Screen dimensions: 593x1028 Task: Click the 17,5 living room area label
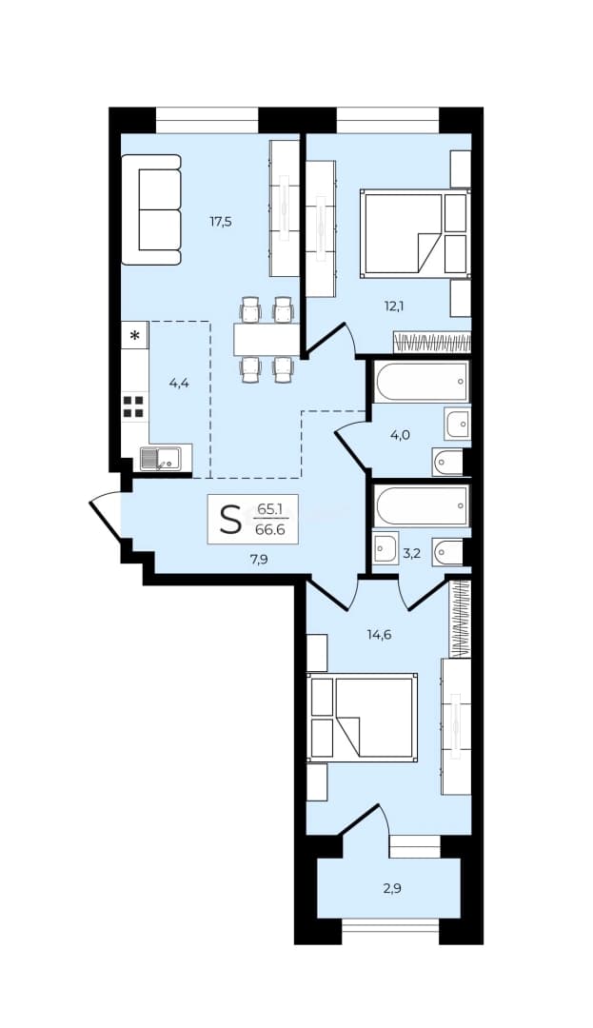pyautogui.click(x=221, y=222)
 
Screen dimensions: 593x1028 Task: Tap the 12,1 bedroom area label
pyautogui.click(x=393, y=305)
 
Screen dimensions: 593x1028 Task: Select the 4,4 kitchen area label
pyautogui.click(x=179, y=384)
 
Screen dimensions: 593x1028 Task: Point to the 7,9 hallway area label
pyautogui.click(x=260, y=560)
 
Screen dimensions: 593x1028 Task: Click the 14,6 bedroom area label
pyautogui.click(x=380, y=634)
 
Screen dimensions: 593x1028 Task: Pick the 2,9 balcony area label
pyautogui.click(x=392, y=889)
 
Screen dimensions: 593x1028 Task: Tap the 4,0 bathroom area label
pyautogui.click(x=401, y=435)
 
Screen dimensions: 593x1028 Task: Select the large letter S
pyautogui.click(x=230, y=520)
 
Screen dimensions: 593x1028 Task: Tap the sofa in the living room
pyautogui.click(x=151, y=209)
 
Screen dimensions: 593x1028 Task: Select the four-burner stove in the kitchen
pyautogui.click(x=133, y=406)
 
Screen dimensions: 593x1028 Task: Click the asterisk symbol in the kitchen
pyautogui.click(x=135, y=336)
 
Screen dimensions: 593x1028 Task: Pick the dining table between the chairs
pyautogui.click(x=266, y=340)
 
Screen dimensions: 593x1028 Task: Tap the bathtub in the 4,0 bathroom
pyautogui.click(x=422, y=382)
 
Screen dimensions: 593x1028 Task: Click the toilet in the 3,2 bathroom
pyautogui.click(x=448, y=554)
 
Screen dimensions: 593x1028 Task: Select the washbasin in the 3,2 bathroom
pyautogui.click(x=385, y=547)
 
